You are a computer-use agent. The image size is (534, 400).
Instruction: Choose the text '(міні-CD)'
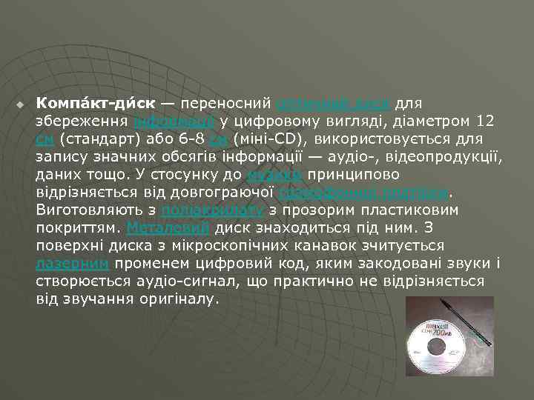pos(272,139)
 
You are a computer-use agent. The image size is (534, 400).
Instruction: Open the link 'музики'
pos(274,175)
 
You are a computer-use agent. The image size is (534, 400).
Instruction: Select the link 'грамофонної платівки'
pos(364,193)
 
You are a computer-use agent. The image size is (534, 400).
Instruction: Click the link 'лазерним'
pos(73,264)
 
